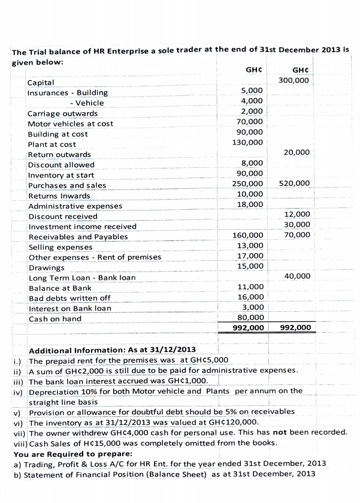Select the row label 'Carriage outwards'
(x=62, y=113)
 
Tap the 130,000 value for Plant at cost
(x=247, y=143)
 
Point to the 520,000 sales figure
(x=294, y=183)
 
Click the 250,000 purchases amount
(x=247, y=183)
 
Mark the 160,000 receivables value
(x=247, y=236)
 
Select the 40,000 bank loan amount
(x=297, y=276)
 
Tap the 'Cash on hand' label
(x=55, y=318)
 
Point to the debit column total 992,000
(x=247, y=328)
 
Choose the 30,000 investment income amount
(x=297, y=225)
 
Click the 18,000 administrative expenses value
(x=249, y=204)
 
